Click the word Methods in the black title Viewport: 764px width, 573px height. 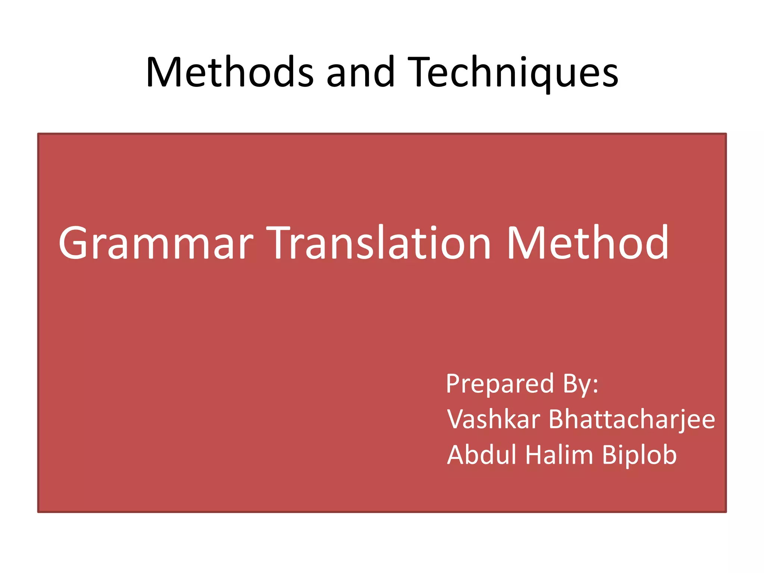[x=230, y=72]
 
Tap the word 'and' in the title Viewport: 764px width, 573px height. [x=360, y=72]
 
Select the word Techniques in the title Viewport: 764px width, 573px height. [x=513, y=72]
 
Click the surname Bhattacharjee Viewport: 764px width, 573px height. [x=632, y=420]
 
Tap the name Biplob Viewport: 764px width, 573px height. [x=639, y=456]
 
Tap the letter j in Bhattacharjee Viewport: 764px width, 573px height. [x=682, y=422]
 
